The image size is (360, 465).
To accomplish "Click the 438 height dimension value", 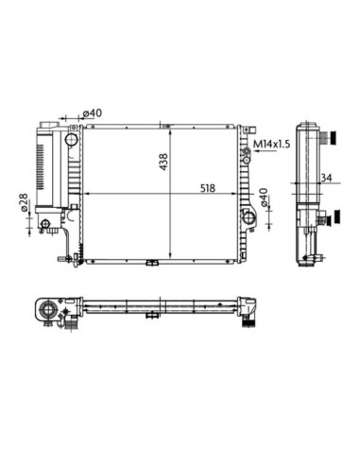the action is click(163, 162).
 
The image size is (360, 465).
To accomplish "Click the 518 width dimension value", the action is click(208, 188).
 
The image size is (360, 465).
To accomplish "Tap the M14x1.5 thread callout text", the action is click(272, 144).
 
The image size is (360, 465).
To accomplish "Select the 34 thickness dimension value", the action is click(326, 178).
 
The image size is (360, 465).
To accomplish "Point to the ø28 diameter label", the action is click(24, 202).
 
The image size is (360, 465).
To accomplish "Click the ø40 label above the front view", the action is click(93, 112).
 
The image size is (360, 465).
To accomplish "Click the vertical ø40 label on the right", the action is click(264, 198).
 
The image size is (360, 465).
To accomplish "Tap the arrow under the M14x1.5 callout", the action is click(266, 151).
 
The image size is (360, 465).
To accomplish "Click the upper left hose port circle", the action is click(72, 139).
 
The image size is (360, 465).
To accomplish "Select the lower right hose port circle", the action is click(249, 217).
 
